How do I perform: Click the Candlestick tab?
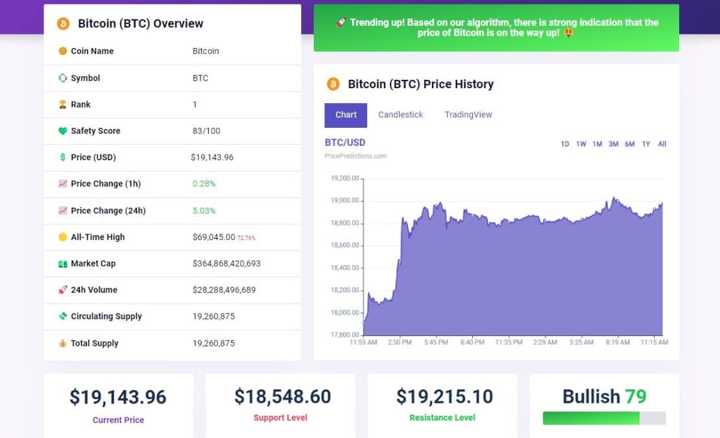(x=400, y=115)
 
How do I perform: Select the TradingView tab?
(x=468, y=115)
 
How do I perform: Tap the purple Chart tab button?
(x=346, y=115)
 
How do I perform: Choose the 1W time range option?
(x=581, y=144)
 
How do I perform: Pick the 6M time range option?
(x=629, y=144)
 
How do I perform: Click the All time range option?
(x=662, y=144)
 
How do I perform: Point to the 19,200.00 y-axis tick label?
(x=344, y=178)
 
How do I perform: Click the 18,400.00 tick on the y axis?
(x=344, y=268)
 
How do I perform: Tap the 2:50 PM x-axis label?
(x=399, y=342)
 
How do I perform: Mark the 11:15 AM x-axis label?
(x=654, y=342)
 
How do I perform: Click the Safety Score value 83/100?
(x=206, y=131)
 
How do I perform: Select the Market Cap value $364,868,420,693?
(x=226, y=263)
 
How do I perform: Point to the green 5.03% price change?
(x=204, y=211)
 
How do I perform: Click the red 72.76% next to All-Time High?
(x=246, y=238)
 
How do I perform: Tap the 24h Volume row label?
(x=94, y=290)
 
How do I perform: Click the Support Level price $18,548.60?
(x=282, y=396)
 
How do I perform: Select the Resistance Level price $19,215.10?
(x=444, y=396)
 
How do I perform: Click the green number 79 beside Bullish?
(x=635, y=396)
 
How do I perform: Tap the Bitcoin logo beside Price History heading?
(x=333, y=84)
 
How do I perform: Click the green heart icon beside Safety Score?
(x=63, y=131)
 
